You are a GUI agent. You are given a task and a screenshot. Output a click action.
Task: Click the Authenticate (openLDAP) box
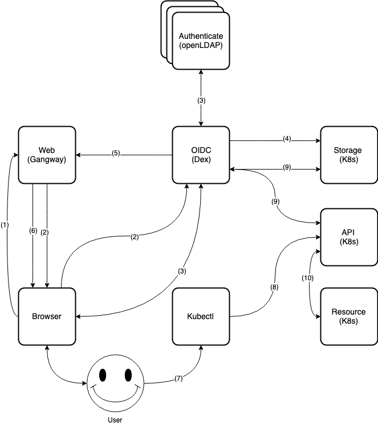(x=201, y=41)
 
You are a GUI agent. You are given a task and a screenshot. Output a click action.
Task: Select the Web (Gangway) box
(x=47, y=155)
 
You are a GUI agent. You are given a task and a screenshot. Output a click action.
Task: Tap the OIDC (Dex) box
(x=201, y=155)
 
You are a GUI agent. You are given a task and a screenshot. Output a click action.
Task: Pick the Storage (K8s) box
(x=349, y=155)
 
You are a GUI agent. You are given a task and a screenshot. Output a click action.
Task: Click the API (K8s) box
(x=349, y=237)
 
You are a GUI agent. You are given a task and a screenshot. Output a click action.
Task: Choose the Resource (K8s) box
(x=349, y=316)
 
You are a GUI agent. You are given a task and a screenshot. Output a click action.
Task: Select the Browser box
(x=47, y=316)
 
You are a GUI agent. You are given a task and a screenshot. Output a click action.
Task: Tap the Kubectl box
(x=201, y=316)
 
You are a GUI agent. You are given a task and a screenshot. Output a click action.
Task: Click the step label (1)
(x=5, y=225)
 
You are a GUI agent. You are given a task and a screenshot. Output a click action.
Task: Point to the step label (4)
(x=287, y=139)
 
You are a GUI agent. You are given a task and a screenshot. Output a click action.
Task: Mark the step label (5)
(x=116, y=153)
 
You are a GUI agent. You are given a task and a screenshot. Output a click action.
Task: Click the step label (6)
(x=33, y=231)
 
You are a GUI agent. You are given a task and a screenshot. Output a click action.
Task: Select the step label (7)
(x=178, y=378)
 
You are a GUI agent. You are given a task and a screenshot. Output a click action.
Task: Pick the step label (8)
(x=274, y=287)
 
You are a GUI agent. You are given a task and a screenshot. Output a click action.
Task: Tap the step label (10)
(x=307, y=278)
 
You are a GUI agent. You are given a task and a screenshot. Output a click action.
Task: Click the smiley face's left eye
(x=103, y=374)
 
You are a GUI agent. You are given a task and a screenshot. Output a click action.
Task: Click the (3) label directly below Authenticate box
(x=201, y=100)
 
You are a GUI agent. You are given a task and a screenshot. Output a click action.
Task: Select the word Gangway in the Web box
(x=47, y=160)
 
